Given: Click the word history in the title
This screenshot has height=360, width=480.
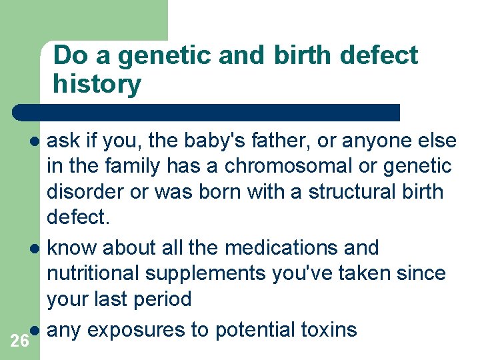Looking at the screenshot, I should tap(97, 84).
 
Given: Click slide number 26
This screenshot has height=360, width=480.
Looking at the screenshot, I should tap(20, 341).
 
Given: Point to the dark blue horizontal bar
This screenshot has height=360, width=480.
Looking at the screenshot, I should tap(207, 112).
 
